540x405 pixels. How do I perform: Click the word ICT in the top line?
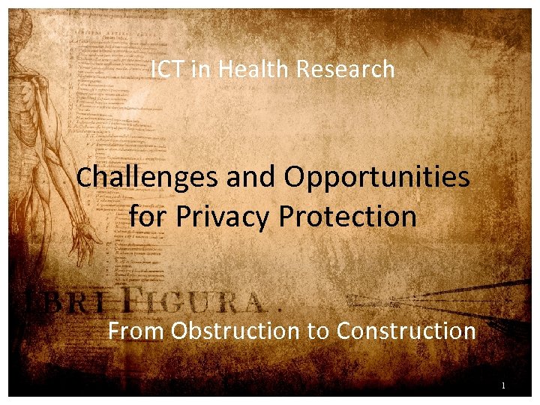tap(164, 70)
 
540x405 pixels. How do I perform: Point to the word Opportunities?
tap(376, 178)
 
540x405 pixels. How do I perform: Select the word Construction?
tap(406, 331)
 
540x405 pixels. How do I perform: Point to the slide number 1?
tap(504, 386)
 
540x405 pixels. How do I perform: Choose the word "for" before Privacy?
tap(148, 217)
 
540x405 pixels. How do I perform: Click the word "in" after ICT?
tap(193, 70)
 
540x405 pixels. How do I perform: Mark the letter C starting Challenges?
tap(85, 178)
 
